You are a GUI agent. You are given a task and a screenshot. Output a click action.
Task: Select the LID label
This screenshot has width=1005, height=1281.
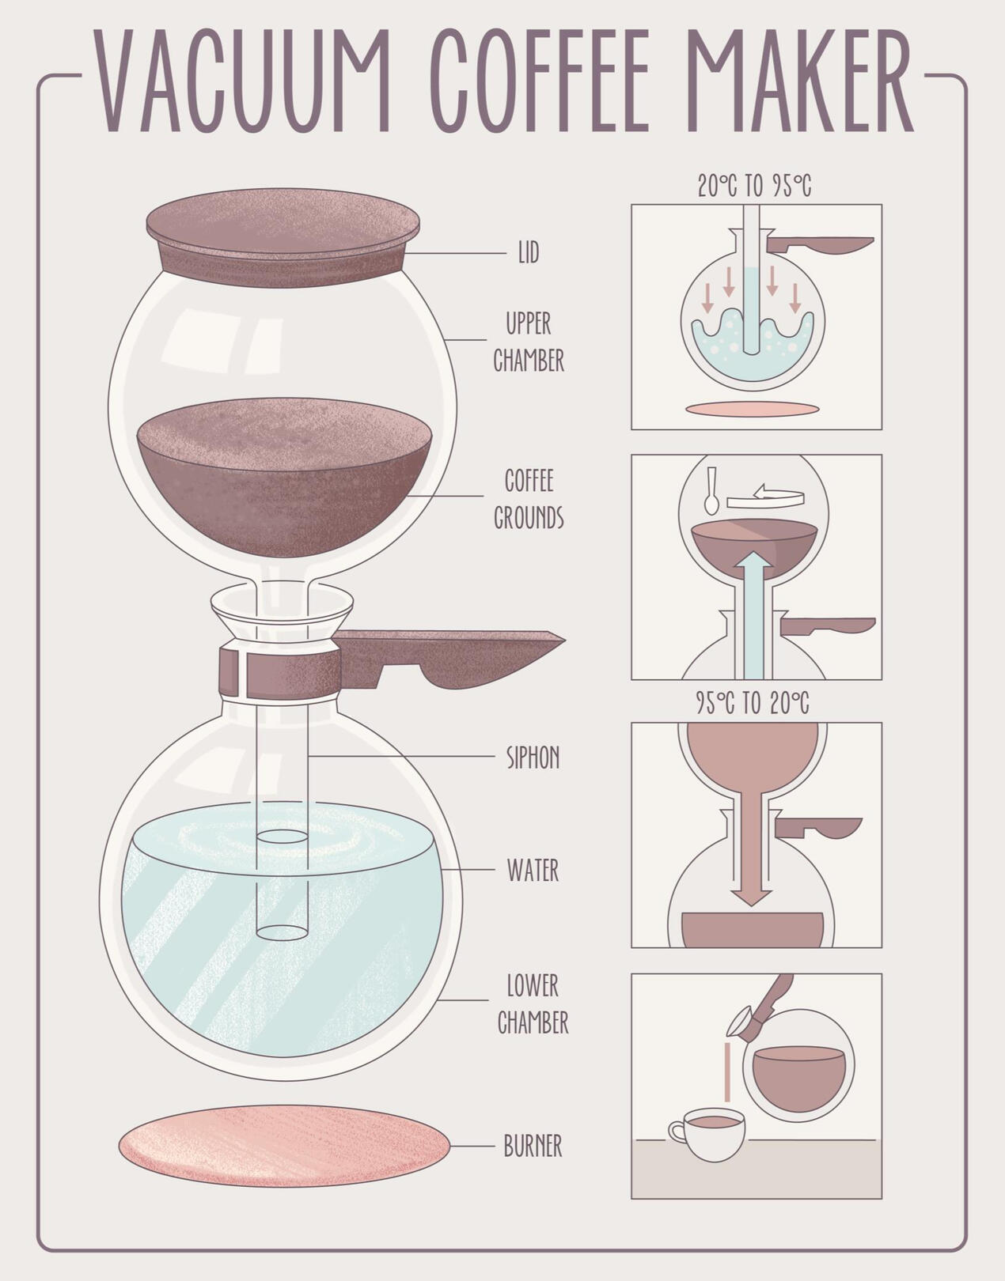[529, 253]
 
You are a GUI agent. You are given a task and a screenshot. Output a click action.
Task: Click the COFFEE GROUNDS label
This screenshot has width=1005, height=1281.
[529, 499]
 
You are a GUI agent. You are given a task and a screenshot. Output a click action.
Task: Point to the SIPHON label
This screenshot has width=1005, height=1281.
[533, 758]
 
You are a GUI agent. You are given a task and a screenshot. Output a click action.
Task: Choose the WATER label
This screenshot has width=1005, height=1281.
[533, 870]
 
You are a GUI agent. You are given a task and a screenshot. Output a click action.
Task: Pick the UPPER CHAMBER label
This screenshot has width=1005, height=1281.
[529, 342]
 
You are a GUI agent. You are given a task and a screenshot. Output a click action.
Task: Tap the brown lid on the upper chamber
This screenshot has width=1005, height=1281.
[283, 237]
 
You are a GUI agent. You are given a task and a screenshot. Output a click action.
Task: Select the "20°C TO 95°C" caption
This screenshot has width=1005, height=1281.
[754, 185]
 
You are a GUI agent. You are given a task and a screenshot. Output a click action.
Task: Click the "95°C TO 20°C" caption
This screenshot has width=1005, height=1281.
[753, 703]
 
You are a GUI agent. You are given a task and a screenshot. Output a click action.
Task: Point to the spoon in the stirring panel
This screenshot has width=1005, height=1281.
[711, 491]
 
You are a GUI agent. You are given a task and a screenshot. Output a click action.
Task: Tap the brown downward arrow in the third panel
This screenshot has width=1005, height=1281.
[752, 850]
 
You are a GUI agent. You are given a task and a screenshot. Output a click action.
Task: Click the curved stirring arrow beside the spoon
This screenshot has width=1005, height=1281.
[765, 496]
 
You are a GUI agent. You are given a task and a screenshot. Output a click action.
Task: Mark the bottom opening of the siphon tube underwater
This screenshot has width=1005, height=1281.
[283, 932]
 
